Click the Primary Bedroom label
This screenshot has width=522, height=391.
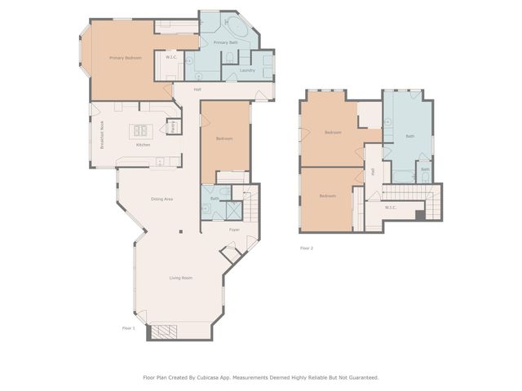126,58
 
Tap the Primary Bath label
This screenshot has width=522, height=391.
225,42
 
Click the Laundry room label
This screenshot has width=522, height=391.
248,70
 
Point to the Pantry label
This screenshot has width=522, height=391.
173,126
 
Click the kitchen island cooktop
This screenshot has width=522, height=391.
141,130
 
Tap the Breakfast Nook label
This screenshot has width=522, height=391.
102,135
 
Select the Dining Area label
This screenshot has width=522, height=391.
161,199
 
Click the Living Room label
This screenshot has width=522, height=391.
180,278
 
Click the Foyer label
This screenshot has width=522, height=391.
234,230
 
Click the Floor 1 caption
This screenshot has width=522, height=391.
128,327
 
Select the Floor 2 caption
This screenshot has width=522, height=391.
307,248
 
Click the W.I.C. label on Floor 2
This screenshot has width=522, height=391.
391,207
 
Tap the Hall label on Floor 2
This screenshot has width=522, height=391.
373,171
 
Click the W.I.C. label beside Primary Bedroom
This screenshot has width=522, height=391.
171,57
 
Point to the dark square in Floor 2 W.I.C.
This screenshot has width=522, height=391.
420,215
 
